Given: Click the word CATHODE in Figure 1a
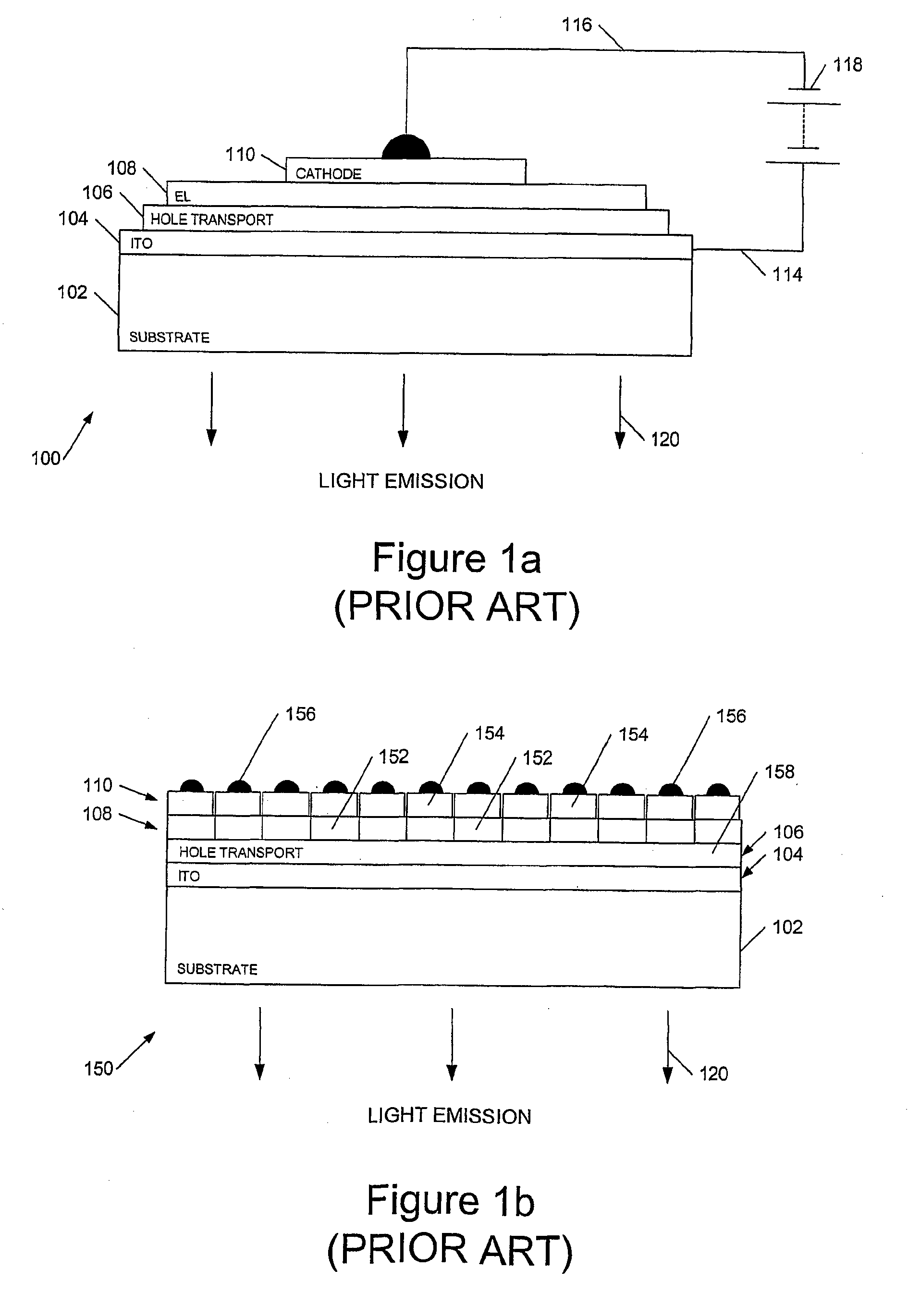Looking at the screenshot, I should coord(328,173).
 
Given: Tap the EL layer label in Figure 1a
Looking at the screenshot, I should coord(182,196).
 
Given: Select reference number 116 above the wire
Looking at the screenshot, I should coord(577,25).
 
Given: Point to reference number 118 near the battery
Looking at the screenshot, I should coord(847,65).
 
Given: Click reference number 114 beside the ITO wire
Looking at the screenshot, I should coord(787,275).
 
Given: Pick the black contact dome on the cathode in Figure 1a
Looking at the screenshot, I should coord(406,148).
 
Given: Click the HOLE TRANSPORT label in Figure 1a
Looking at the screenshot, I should coord(211,220).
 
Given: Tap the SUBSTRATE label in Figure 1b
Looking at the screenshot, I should coord(217,969).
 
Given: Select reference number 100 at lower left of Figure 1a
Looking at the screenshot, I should coord(46,458).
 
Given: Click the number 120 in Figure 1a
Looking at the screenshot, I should coord(664,439).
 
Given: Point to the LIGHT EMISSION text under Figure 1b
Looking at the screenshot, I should coord(449,1116).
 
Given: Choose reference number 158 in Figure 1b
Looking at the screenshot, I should coord(779,772).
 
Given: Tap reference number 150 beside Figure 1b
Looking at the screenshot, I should coord(99,1069).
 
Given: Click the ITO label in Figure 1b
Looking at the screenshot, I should coord(189,876).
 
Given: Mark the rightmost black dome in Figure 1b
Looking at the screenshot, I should coord(718,790).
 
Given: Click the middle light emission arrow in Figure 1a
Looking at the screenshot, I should coord(403,409).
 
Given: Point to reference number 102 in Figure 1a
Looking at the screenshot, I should coord(72,292).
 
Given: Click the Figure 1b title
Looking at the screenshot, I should coord(450,1200).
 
